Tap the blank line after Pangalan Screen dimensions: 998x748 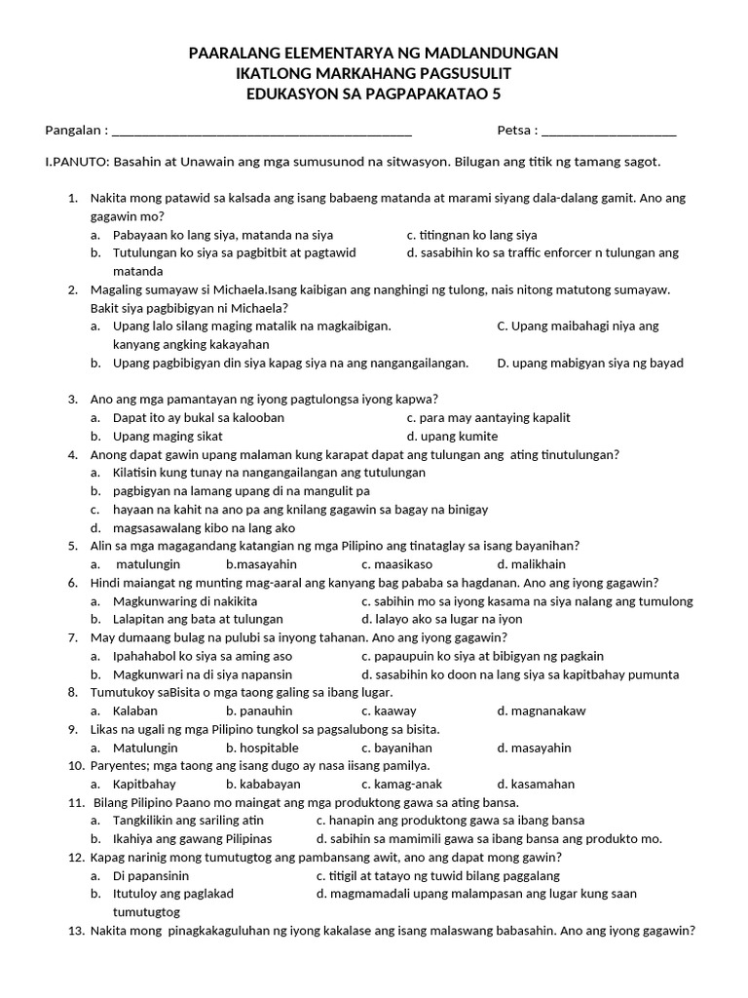[262, 132]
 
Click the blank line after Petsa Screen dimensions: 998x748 [608, 132]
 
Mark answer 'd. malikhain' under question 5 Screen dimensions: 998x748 [531, 564]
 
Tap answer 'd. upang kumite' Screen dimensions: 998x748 [452, 436]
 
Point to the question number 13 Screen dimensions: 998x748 [76, 931]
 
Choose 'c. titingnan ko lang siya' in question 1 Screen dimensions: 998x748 [471, 235]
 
